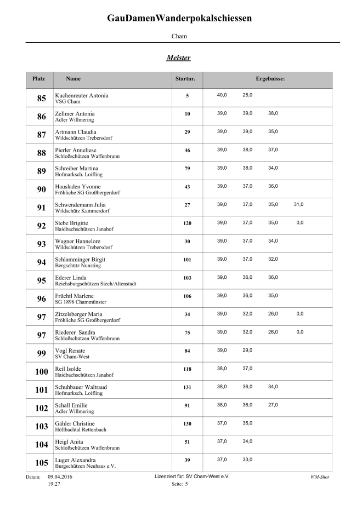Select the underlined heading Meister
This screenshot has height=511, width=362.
[x=179, y=58]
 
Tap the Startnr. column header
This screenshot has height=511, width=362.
[x=185, y=79]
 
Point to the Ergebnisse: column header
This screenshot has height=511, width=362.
[x=270, y=79]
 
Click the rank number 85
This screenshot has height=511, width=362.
[x=41, y=99]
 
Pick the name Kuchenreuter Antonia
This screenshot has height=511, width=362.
[x=82, y=95]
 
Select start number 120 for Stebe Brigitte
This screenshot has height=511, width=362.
[x=187, y=223]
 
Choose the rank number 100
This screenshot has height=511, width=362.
[x=41, y=372]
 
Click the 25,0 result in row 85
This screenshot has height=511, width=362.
[x=247, y=95]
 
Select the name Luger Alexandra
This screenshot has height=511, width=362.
[x=76, y=460]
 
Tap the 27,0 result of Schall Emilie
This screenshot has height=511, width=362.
[x=273, y=405]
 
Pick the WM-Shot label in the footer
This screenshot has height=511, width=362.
[x=319, y=477]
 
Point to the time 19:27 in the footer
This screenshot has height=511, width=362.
[x=54, y=485]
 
